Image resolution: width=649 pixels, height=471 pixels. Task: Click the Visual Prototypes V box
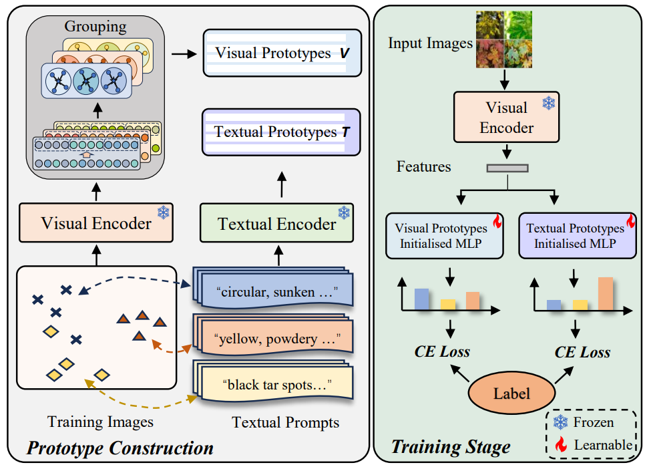[282, 53]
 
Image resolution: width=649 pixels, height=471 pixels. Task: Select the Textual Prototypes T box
[281, 132]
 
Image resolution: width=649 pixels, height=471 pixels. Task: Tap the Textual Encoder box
[276, 223]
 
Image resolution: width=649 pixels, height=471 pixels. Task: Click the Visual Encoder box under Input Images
[506, 117]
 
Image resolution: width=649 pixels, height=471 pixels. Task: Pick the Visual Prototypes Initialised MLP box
[444, 236]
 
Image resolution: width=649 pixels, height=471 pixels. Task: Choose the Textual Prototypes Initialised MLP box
[577, 236]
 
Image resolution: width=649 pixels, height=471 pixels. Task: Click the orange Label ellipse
[511, 393]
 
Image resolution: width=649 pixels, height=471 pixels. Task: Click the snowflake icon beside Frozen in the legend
[560, 422]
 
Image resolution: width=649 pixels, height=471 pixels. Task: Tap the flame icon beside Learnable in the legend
[561, 444]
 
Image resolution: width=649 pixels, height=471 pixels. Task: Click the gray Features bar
[507, 168]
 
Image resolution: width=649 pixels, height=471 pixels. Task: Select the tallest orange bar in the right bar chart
[606, 294]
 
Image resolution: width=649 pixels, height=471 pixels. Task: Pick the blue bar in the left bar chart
[421, 299]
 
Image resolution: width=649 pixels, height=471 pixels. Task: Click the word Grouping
[95, 27]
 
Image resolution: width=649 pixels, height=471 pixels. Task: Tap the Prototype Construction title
[120, 448]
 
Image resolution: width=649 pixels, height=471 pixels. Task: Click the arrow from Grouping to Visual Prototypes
[184, 54]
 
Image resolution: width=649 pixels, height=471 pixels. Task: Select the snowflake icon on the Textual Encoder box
[344, 212]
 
